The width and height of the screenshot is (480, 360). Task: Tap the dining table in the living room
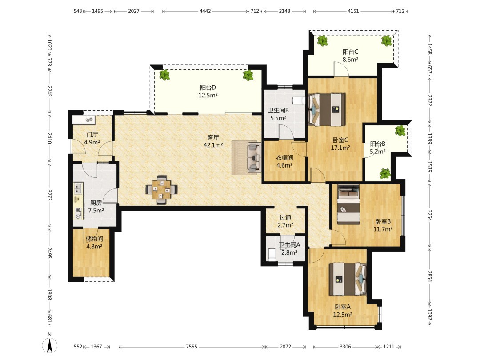click(x=161, y=190)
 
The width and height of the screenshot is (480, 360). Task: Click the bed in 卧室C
click(x=327, y=110)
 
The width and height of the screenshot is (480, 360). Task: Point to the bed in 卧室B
click(x=348, y=204)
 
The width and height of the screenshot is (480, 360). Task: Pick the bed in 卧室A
click(x=348, y=279)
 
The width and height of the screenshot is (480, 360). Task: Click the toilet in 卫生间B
click(x=299, y=100)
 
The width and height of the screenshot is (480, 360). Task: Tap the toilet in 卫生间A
click(x=272, y=254)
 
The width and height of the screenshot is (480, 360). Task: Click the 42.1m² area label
click(x=213, y=145)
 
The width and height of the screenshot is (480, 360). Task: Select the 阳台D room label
click(x=208, y=88)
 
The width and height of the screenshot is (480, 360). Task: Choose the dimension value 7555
click(x=192, y=347)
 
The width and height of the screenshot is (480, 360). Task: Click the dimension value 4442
click(x=205, y=11)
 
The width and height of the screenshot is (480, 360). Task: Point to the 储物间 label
click(x=94, y=239)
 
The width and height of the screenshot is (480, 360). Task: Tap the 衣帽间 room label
click(x=284, y=158)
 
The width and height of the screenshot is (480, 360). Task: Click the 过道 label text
click(x=285, y=217)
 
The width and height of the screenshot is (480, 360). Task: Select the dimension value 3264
click(x=430, y=216)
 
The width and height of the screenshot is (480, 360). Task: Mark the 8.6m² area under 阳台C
click(x=351, y=60)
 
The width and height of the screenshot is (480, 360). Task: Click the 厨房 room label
click(x=96, y=203)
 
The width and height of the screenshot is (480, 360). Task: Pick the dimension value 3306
click(x=345, y=347)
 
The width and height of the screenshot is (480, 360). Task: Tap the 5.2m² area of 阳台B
click(x=378, y=151)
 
